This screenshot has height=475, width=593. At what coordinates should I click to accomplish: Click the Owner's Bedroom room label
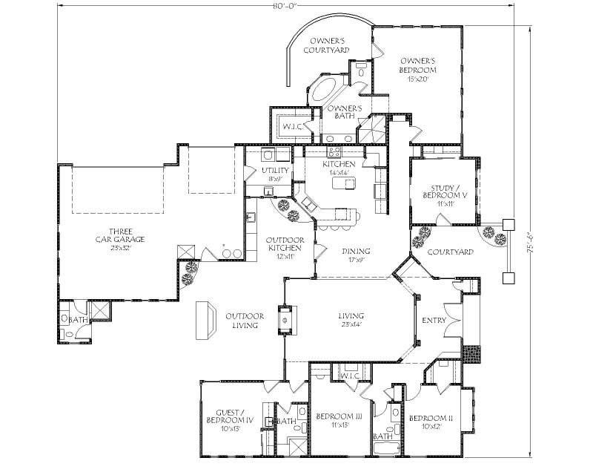417,69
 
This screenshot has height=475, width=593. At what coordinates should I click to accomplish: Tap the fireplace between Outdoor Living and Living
285,319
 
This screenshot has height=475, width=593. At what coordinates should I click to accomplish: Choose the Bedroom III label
338,420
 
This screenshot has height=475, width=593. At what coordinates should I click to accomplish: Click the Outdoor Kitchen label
285,247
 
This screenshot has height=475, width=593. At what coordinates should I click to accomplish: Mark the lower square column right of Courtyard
508,278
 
